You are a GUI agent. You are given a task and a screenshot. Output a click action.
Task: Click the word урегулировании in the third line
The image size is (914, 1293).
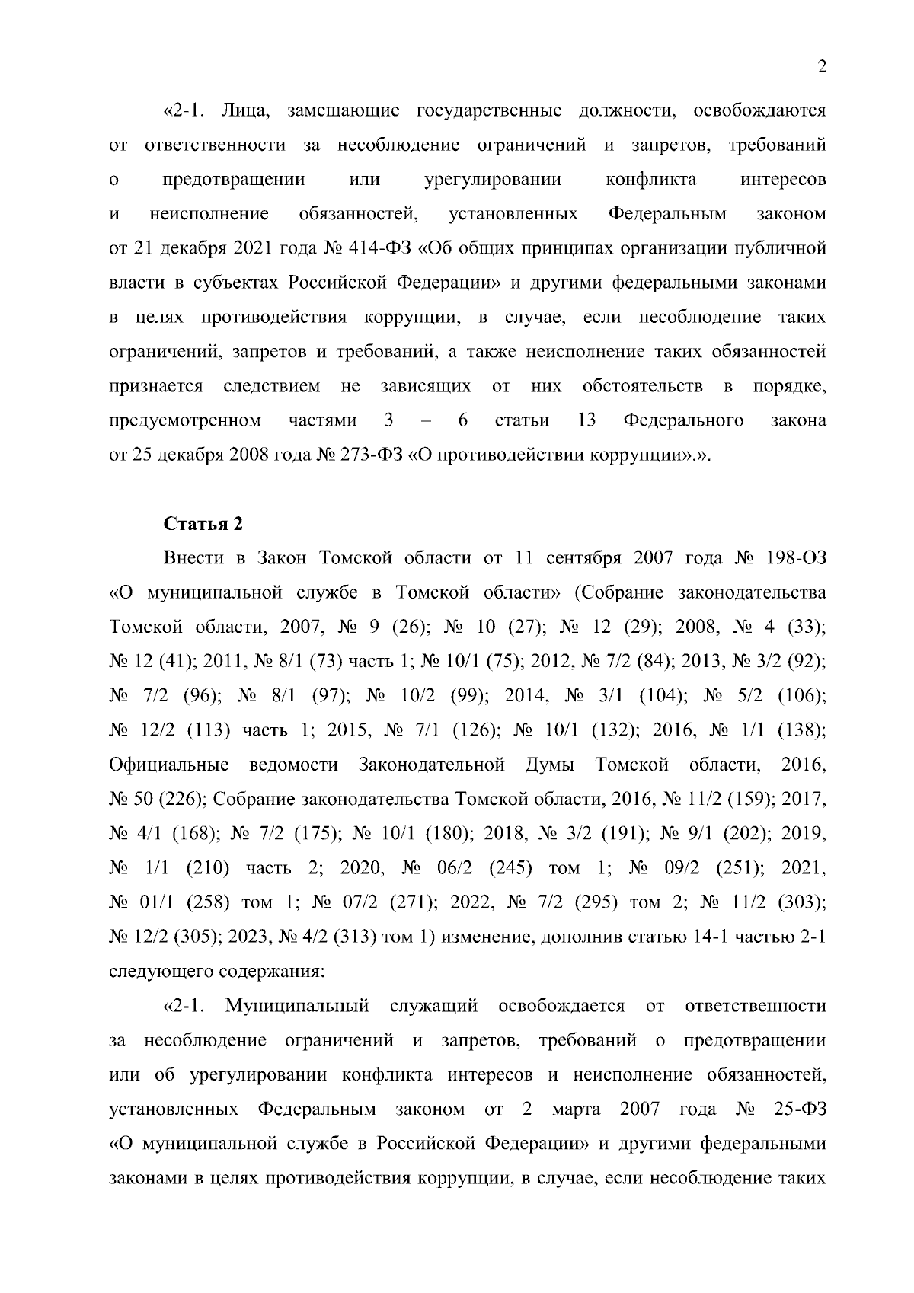[x=492, y=180]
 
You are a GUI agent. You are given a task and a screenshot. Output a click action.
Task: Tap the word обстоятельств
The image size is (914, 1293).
[x=642, y=386]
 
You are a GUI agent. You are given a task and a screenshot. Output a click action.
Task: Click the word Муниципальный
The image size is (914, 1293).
[x=297, y=1006]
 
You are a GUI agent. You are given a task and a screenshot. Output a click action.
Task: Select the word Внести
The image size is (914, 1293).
[x=193, y=558]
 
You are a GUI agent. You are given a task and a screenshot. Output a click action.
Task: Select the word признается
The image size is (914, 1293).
[x=156, y=386]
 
